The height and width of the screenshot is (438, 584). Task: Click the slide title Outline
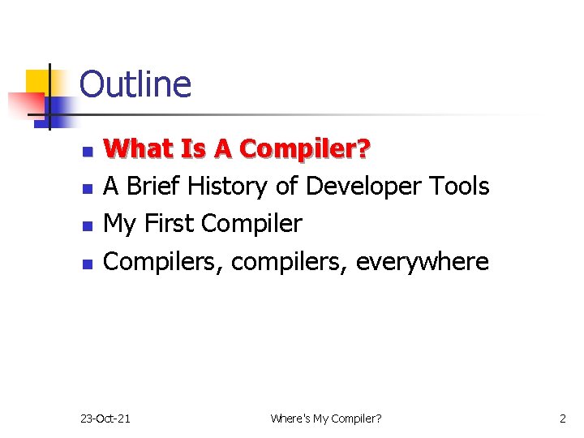click(x=135, y=84)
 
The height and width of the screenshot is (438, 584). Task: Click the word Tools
click(x=457, y=187)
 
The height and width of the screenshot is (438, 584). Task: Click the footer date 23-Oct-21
click(x=105, y=419)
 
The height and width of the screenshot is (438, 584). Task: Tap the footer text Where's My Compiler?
click(x=325, y=419)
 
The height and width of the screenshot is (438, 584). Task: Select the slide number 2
click(x=563, y=419)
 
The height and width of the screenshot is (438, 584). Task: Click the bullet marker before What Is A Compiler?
click(x=88, y=151)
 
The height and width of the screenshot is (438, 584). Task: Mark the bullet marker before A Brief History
click(x=88, y=188)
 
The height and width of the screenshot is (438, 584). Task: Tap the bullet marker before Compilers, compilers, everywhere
click(x=88, y=264)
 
